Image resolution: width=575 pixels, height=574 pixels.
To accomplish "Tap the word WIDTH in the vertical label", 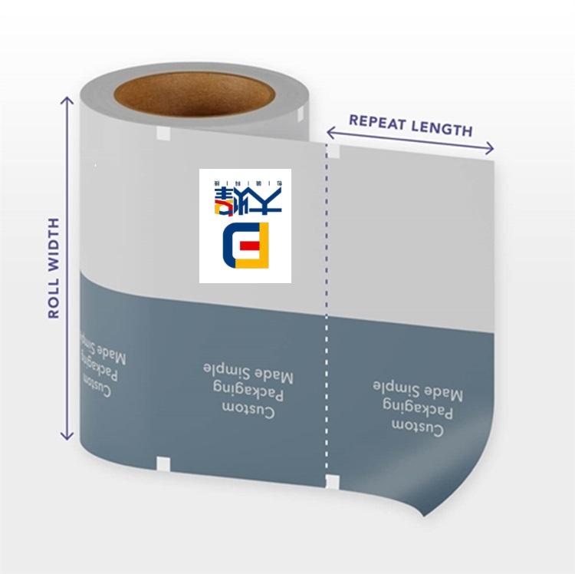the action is click(54, 245).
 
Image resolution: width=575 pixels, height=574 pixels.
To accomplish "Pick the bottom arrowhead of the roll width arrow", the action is click(67, 437).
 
